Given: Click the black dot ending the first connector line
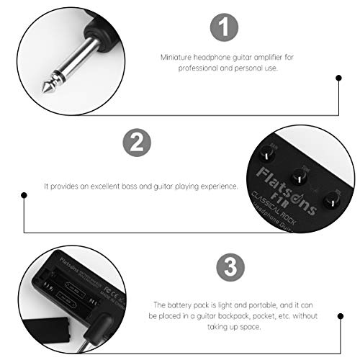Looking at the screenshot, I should (339, 78).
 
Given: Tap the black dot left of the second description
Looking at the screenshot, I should (24, 186).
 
